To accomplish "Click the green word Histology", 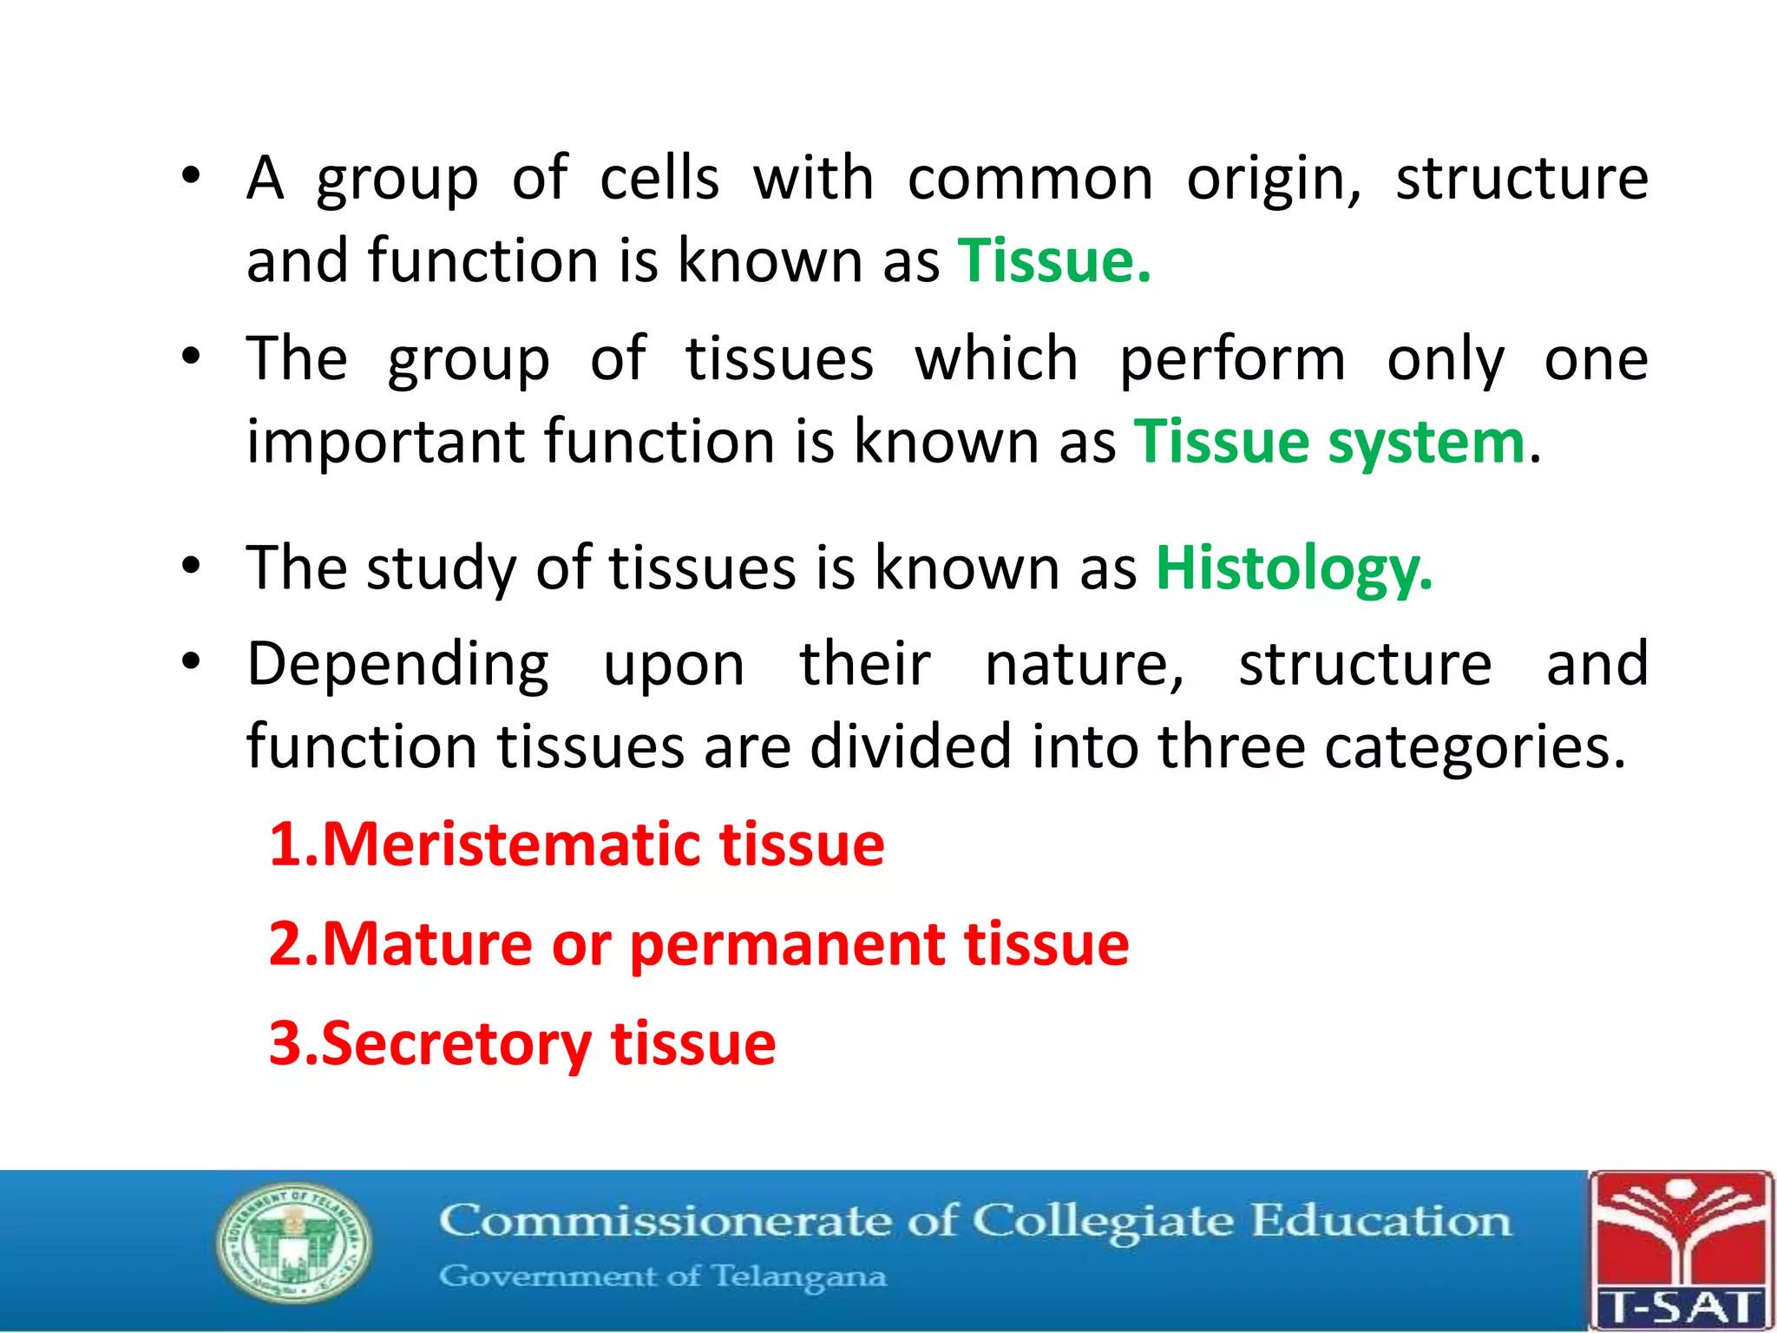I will click(1293, 569).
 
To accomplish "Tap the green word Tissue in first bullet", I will click(1053, 260).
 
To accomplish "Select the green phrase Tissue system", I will click(1329, 442).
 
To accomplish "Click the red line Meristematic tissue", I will click(576, 844).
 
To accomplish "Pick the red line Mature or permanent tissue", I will click(698, 943).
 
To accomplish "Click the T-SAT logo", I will click(1681, 1250).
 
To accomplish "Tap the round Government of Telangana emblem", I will click(292, 1243).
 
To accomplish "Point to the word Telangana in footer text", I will click(799, 1277).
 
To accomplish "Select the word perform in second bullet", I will click(1232, 359).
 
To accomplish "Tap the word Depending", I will click(397, 665).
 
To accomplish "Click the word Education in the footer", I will click(1380, 1222).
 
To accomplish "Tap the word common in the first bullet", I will click(1030, 179).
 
